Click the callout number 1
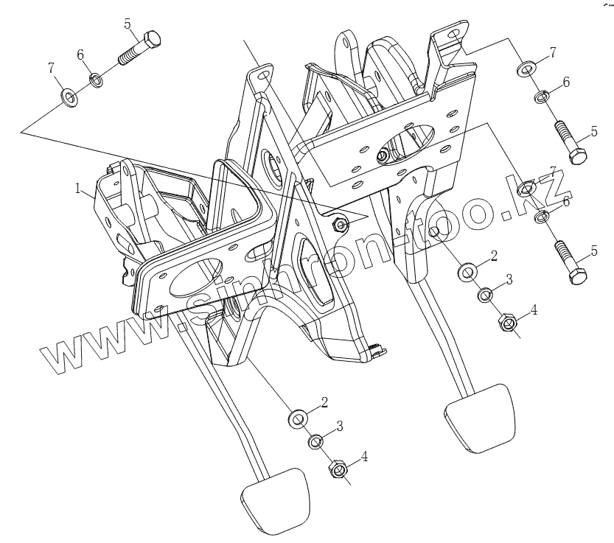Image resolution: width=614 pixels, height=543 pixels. (77, 188)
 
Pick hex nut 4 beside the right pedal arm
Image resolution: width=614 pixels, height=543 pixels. (507, 322)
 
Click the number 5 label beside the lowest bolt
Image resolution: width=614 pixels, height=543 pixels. (594, 252)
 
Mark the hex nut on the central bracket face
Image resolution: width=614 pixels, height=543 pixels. (339, 224)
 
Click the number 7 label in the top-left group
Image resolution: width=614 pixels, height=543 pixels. (52, 69)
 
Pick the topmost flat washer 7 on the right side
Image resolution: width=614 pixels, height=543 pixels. (526, 69)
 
